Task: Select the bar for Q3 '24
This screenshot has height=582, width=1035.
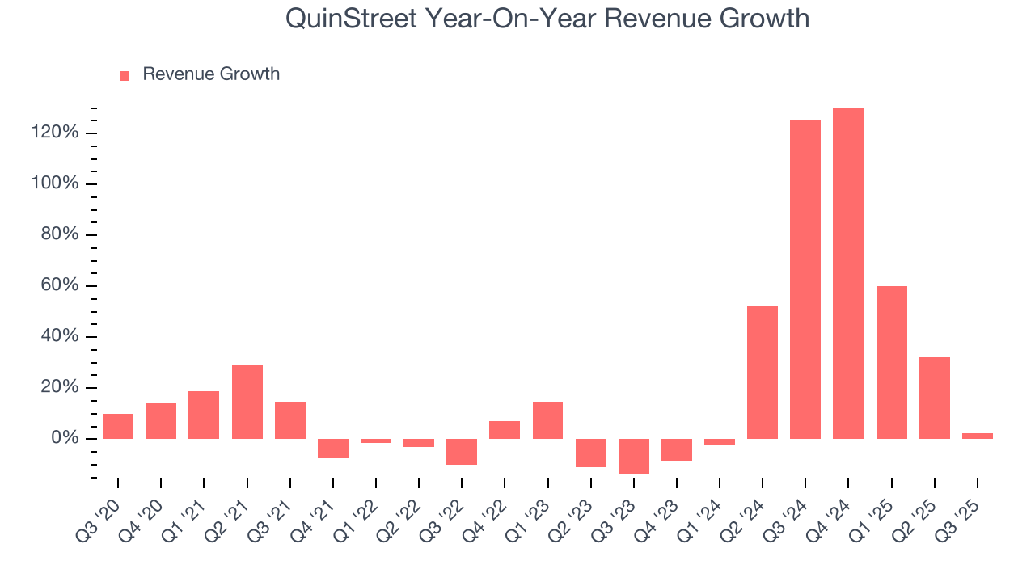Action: pos(805,279)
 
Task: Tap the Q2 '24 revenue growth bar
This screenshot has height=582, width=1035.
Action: pos(763,373)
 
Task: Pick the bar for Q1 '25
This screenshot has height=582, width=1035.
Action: pos(891,362)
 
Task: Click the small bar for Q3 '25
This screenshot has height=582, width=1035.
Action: pos(978,436)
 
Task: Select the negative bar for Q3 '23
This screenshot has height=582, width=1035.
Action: pos(634,456)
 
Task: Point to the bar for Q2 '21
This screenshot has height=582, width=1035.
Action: pos(247,402)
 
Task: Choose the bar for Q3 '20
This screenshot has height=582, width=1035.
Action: pos(118,426)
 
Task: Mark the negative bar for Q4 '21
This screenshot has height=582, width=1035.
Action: pos(333,449)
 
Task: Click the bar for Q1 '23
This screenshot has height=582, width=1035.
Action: pos(547,420)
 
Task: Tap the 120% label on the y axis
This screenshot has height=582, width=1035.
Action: pos(55,133)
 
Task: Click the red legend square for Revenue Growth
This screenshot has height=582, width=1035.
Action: pos(125,76)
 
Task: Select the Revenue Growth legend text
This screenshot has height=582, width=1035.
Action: pos(211,74)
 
